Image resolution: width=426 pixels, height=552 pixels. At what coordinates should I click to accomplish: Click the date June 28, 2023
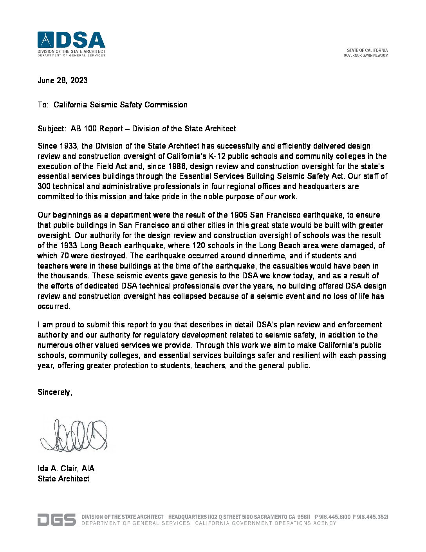point(62,80)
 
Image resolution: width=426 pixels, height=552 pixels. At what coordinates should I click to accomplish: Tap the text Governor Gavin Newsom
point(366,55)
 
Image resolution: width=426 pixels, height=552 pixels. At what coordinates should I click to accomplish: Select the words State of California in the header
point(367,50)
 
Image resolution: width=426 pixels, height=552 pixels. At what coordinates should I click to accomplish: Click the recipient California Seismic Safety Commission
point(120,105)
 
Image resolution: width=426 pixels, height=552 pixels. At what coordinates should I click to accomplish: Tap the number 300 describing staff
point(44,187)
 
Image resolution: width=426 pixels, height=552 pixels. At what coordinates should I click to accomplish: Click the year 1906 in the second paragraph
point(239,215)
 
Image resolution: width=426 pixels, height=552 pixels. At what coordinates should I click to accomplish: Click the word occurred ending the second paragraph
point(53,307)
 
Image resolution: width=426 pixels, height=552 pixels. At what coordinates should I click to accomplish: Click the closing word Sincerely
point(54,392)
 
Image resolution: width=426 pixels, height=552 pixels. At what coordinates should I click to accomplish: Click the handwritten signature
point(74,435)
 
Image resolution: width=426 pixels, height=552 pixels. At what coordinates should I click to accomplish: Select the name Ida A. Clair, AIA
point(66,468)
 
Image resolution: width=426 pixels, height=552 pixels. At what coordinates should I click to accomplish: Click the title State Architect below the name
point(63,479)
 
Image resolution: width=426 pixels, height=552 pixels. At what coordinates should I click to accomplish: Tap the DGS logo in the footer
point(56,519)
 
